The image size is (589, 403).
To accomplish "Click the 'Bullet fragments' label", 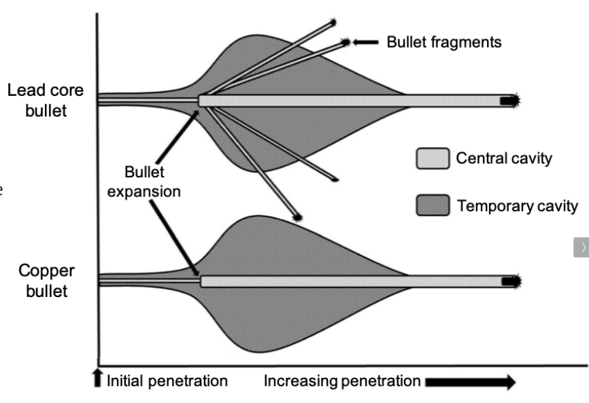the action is [444, 42].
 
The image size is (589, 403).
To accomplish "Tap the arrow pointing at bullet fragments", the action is [365, 42].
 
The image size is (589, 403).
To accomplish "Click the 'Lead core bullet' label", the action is [46, 100].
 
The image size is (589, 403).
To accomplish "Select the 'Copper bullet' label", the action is [46, 281].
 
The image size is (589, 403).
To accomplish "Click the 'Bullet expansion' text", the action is [144, 181].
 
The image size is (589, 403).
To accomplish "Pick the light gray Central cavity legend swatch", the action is [433, 158].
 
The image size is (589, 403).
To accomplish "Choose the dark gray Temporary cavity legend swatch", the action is [433, 205].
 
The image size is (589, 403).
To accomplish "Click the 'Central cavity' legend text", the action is [504, 158].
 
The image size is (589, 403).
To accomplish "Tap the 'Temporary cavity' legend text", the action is [518, 206].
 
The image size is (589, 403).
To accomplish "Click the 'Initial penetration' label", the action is [167, 381].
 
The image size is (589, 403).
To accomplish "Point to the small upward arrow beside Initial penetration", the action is [98, 377].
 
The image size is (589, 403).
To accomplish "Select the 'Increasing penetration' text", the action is [342, 381].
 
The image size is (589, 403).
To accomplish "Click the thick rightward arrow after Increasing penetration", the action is [471, 382].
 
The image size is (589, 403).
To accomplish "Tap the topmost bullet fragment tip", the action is [333, 22].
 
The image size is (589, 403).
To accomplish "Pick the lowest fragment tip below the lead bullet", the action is [297, 217].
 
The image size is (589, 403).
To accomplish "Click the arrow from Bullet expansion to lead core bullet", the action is [178, 137].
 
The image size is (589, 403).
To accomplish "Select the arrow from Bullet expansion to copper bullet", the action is [174, 239].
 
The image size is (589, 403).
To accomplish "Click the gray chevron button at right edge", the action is [582, 247].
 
